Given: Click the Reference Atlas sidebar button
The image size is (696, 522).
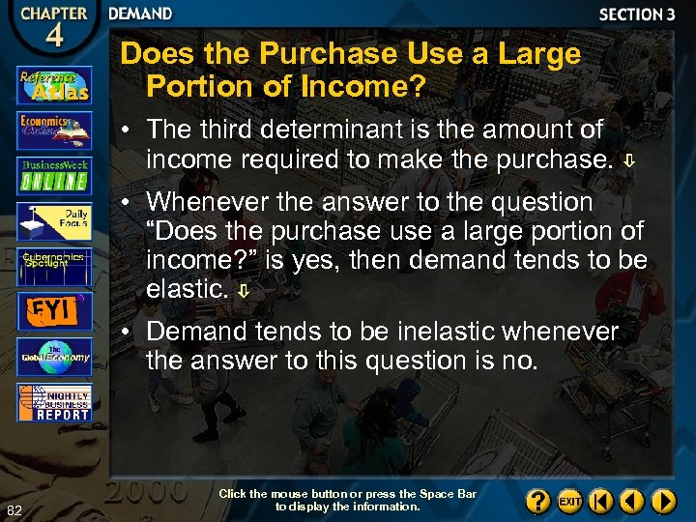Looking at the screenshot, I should [54, 85].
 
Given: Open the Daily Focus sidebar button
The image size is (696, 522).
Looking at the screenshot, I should [54, 221].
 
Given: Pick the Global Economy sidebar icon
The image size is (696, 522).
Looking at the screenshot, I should [54, 357].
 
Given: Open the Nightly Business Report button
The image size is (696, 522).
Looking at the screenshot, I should [54, 402].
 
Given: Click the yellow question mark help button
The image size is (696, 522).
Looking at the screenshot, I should [539, 502].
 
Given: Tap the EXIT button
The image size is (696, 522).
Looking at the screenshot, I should [571, 502].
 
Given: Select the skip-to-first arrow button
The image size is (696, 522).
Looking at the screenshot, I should [601, 502].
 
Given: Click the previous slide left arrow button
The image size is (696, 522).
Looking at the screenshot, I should [632, 502].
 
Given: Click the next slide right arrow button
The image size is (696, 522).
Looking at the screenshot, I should [663, 502].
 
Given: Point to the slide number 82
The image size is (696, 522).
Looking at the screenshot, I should [14, 510].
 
